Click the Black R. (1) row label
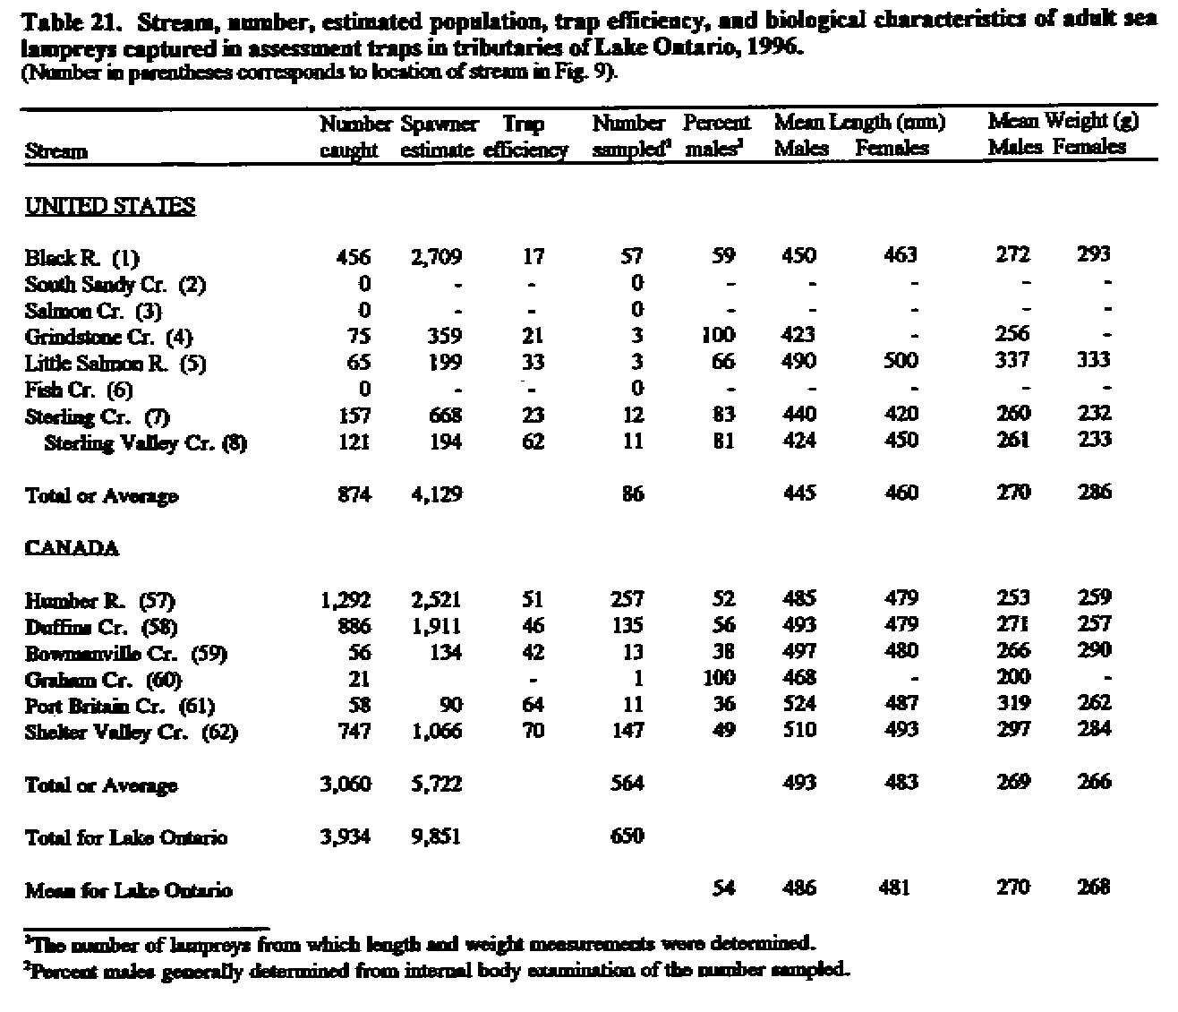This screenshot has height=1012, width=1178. click(81, 259)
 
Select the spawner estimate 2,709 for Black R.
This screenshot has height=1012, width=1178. click(436, 257)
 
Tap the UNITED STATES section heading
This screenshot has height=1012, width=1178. click(109, 207)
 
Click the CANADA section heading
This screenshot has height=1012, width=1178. click(71, 548)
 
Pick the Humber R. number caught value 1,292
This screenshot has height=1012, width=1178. click(345, 599)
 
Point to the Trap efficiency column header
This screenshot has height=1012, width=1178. click(525, 137)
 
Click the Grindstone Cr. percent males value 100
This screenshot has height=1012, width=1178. click(717, 336)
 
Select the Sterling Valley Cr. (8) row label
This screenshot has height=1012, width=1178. click(145, 442)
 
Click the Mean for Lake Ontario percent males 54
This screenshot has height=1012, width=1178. click(723, 888)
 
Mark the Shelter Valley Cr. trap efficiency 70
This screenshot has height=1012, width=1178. click(533, 731)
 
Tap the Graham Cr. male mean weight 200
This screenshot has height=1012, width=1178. click(1012, 678)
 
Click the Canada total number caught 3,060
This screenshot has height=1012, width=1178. click(345, 785)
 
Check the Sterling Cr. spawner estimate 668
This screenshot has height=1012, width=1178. click(443, 415)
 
